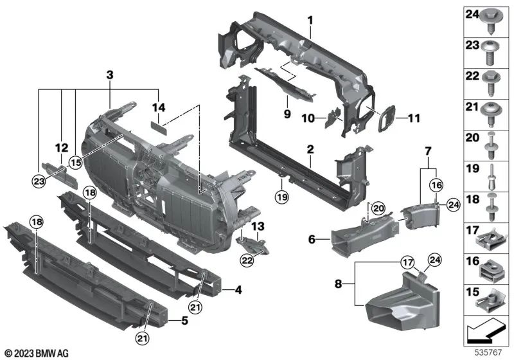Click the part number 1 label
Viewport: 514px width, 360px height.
310,21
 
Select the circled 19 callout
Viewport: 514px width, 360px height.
282,197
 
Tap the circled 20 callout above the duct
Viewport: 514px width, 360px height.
378,208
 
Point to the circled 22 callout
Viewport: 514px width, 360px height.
247,260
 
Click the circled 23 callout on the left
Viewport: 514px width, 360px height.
39,181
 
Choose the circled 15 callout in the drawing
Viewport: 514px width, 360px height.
75,163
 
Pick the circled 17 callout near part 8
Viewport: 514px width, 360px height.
407,262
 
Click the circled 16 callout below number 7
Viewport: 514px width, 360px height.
437,185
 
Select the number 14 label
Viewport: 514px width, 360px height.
159,107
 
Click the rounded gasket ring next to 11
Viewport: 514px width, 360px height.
387,118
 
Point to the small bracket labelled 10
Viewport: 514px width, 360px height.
332,118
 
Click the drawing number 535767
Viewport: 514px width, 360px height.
488,353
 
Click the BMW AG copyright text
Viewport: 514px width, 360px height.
37,354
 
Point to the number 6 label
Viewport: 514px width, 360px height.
312,239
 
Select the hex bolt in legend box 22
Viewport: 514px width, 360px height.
491,84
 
